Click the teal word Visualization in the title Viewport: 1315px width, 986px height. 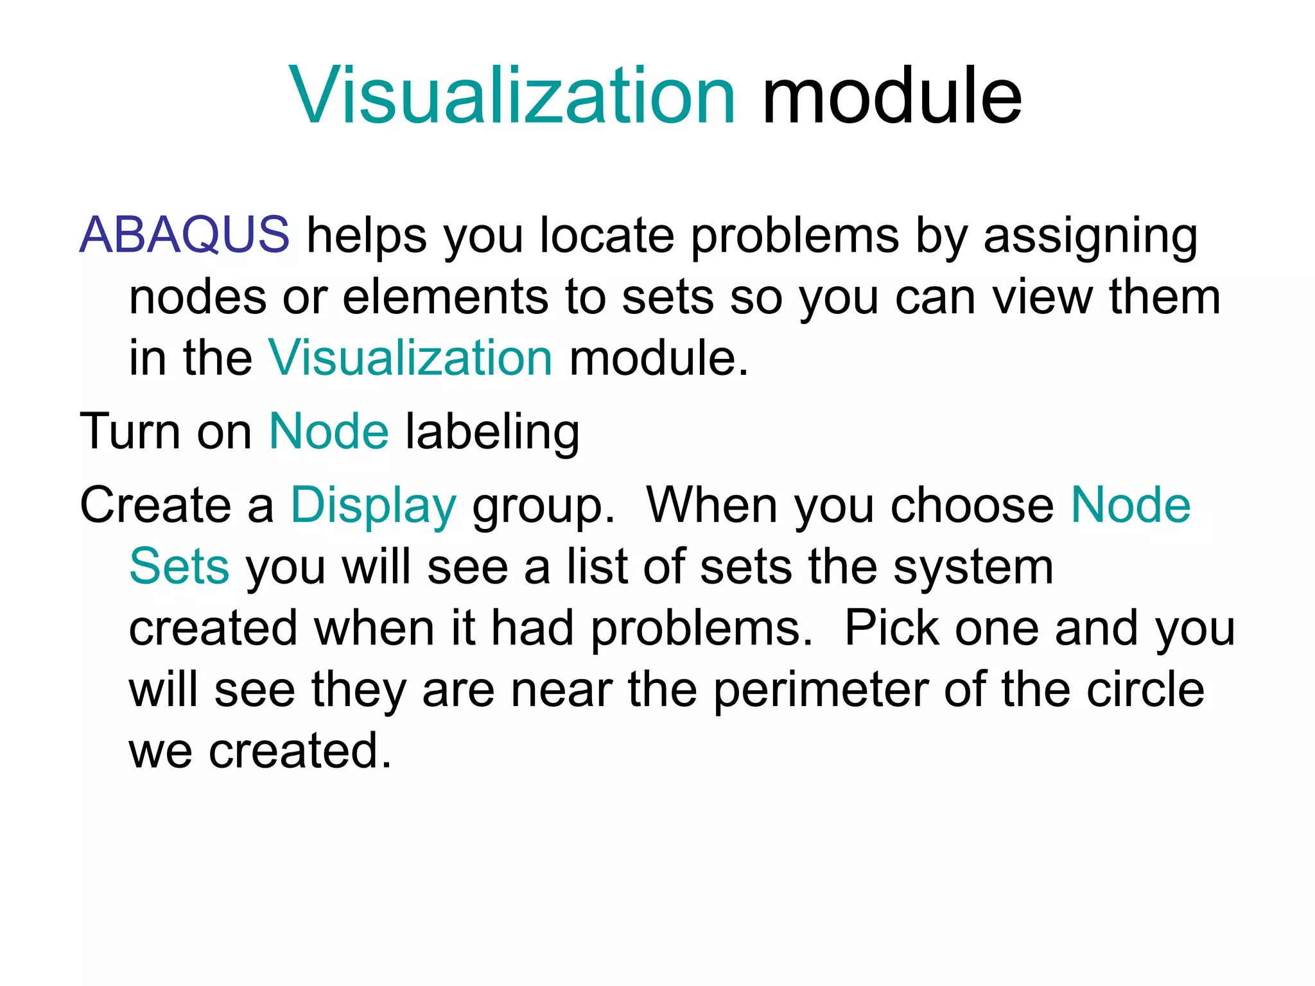pos(512,96)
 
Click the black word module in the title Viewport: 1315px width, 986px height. pos(891,96)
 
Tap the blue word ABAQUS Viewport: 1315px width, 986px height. pos(184,235)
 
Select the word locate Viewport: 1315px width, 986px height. pos(607,235)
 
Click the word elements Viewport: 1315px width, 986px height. pos(445,297)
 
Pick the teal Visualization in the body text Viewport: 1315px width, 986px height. pos(410,358)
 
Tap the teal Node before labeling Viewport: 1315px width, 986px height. pos(329,431)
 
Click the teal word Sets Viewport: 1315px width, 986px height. pos(179,567)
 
